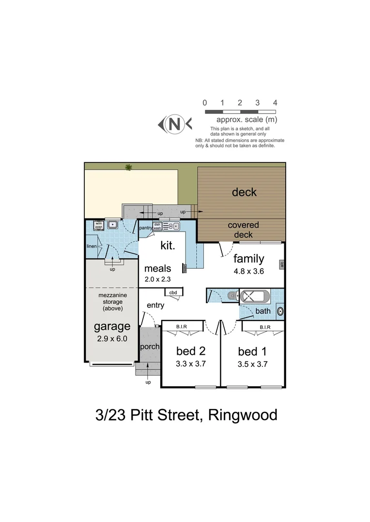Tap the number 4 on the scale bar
tap(275, 102)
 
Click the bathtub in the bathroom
tap(255, 296)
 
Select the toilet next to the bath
tap(232, 295)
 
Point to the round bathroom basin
tap(280, 311)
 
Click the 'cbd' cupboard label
tap(173, 292)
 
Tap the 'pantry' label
tap(145, 228)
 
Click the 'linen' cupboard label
tap(92, 246)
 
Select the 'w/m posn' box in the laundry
tap(98, 225)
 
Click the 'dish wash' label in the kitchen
tap(157, 226)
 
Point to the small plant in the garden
tap(128, 167)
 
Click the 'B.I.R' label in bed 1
tap(264, 327)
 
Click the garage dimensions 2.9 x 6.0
tap(112, 339)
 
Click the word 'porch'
tap(150, 347)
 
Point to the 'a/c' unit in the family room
tap(281, 264)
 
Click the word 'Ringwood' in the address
tap(242, 415)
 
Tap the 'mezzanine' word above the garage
tap(112, 295)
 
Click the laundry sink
tap(113, 224)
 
